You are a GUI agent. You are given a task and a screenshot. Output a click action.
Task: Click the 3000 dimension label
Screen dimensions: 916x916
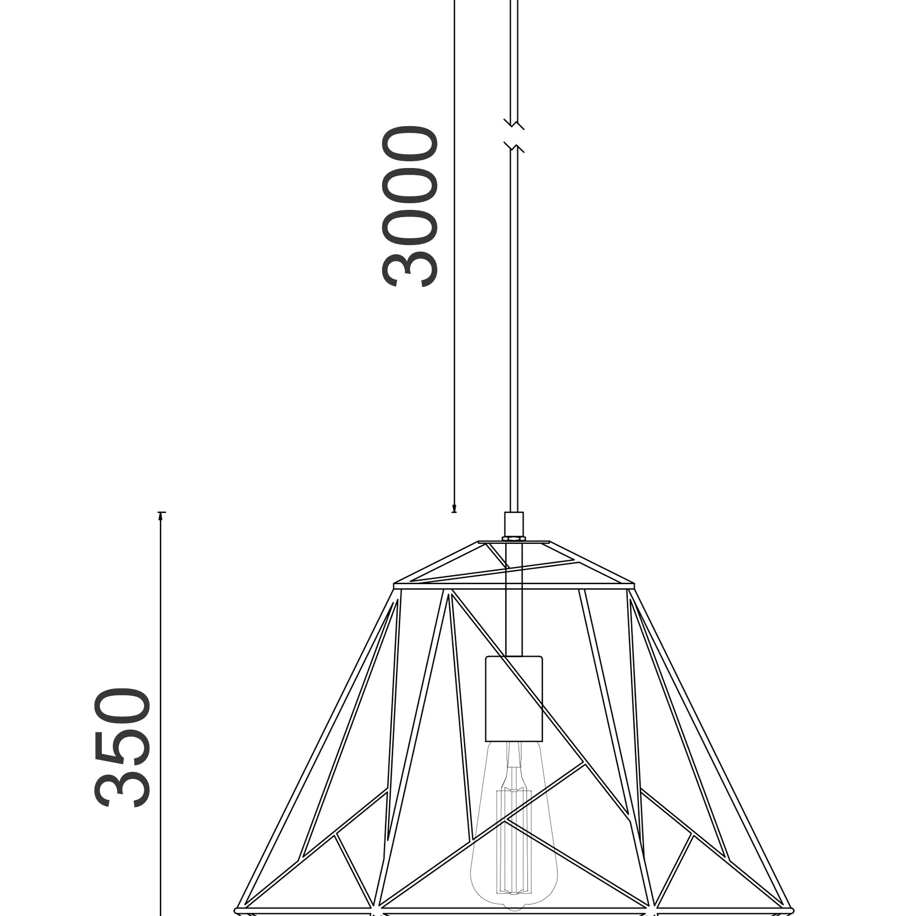point(410,206)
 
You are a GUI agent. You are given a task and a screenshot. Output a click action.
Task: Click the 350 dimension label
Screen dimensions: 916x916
point(123,748)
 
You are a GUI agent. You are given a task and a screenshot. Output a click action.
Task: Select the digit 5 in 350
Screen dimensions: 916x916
point(123,748)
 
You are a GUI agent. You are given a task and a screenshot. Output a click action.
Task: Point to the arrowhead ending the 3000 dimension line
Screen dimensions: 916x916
point(454,508)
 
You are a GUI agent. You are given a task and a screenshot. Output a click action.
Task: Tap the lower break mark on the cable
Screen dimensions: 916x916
point(514,148)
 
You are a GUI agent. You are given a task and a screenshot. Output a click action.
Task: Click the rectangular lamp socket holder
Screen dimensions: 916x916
point(514,706)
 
